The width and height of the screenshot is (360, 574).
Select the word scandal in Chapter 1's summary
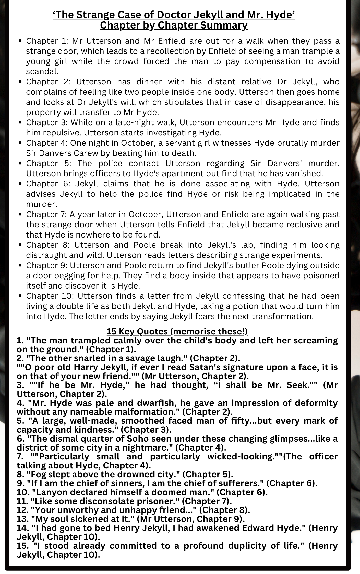[42, 72]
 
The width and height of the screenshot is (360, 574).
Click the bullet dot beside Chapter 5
[21, 164]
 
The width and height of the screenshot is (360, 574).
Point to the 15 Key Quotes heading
[177, 331]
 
